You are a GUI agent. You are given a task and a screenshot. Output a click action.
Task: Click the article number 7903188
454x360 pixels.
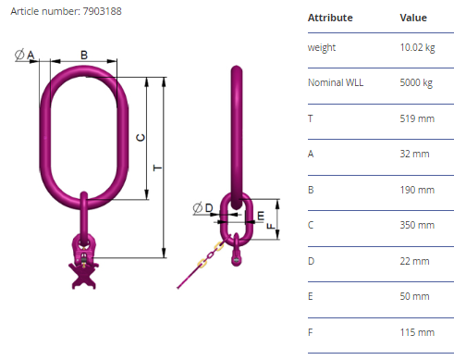[x=102, y=11]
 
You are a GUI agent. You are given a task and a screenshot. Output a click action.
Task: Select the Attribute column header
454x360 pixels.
[x=330, y=18]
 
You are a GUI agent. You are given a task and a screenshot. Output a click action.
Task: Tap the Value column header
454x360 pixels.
[x=413, y=18]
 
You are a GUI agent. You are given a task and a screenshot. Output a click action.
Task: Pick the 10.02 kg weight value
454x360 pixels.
[x=417, y=47]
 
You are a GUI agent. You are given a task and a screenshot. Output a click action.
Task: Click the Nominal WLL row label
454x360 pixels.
[x=336, y=82]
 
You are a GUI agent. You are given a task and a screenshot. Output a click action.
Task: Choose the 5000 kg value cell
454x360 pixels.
[x=416, y=82]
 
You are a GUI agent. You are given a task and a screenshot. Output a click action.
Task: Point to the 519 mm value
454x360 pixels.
[x=417, y=118]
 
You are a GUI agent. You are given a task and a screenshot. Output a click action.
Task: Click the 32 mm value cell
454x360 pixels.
[x=414, y=154]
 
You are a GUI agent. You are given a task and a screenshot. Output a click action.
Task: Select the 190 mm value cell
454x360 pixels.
[x=417, y=190]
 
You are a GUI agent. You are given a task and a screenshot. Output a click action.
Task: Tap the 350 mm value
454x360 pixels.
[x=417, y=225]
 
